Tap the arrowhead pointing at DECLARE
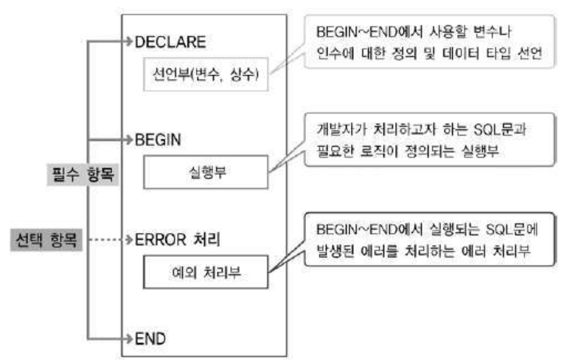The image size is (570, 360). (130, 43)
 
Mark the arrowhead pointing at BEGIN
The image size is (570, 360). (130, 138)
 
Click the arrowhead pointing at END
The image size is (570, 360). (130, 339)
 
